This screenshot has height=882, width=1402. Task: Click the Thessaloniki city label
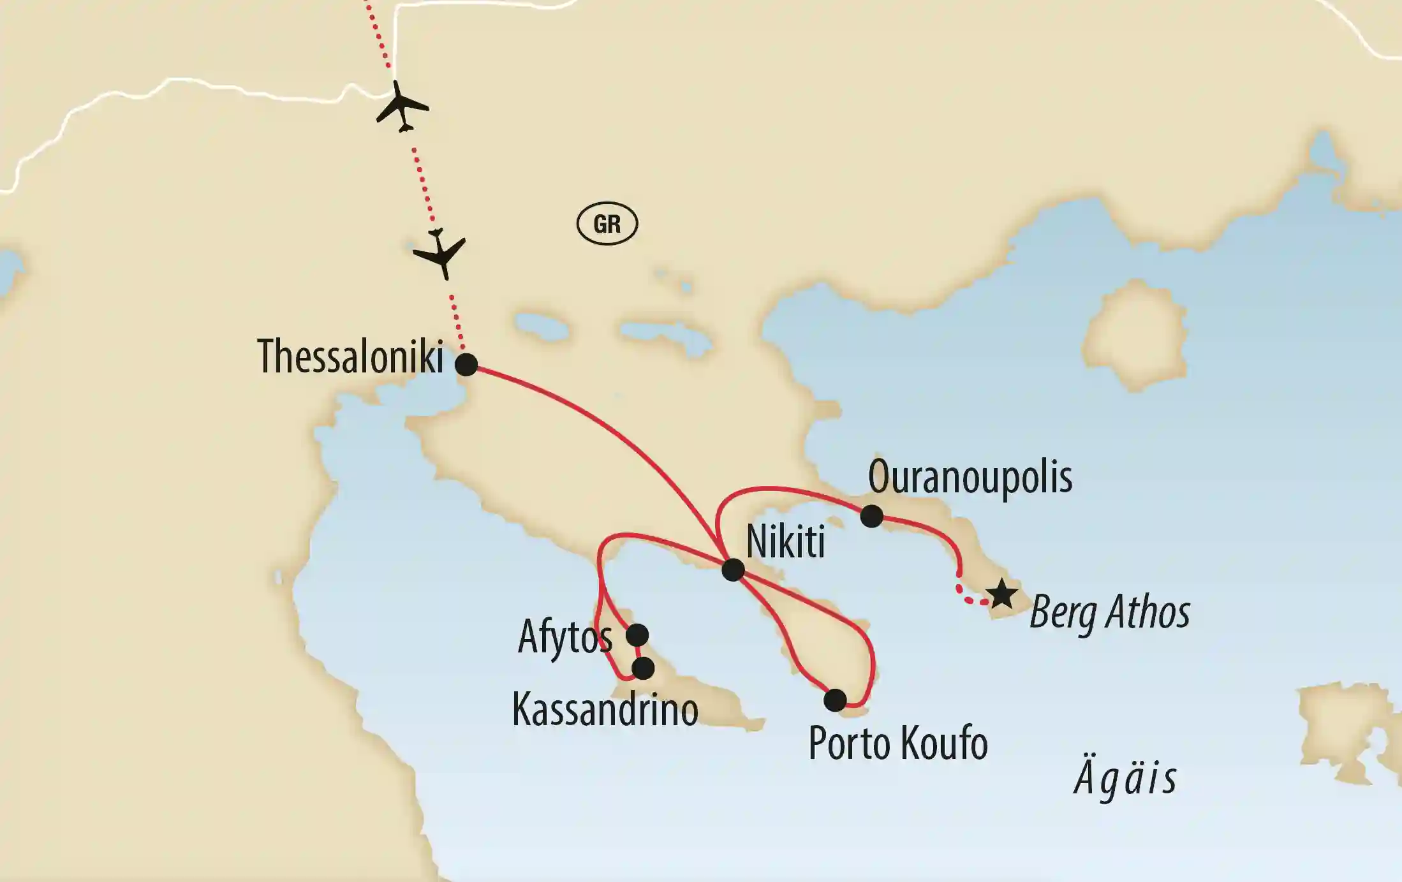(350, 356)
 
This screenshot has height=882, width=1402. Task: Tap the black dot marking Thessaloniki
(466, 365)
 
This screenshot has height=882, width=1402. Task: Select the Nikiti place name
(785, 542)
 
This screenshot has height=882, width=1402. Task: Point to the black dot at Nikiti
(733, 570)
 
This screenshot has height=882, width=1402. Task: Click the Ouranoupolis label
(970, 477)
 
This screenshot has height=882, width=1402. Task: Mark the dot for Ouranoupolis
(871, 516)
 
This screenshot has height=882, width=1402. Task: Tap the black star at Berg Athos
(1002, 594)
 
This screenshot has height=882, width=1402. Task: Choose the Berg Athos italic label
(1110, 612)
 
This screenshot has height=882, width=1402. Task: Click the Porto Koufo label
(897, 744)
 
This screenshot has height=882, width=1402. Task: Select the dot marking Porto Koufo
(835, 700)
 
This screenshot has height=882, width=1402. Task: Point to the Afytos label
(564, 637)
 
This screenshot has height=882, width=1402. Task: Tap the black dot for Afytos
(637, 635)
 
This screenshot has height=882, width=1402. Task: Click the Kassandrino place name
(605, 710)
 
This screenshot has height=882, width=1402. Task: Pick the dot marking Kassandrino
(643, 668)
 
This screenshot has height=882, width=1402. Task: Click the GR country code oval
(607, 224)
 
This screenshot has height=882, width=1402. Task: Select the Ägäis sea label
(1126, 779)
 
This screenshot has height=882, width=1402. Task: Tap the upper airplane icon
(401, 107)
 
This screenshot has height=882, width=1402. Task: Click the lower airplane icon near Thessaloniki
(440, 253)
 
